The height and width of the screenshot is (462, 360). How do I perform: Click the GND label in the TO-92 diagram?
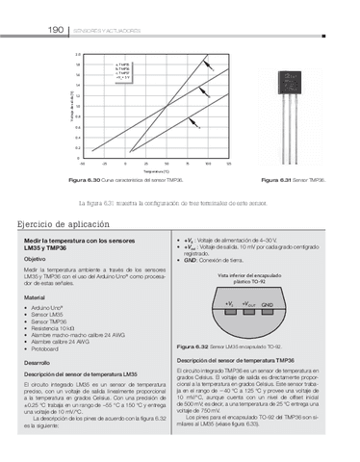coord(267,304)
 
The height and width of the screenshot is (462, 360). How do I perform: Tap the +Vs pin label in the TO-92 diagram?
coord(228,304)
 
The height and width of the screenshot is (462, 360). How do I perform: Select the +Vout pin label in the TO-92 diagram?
coord(247,304)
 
